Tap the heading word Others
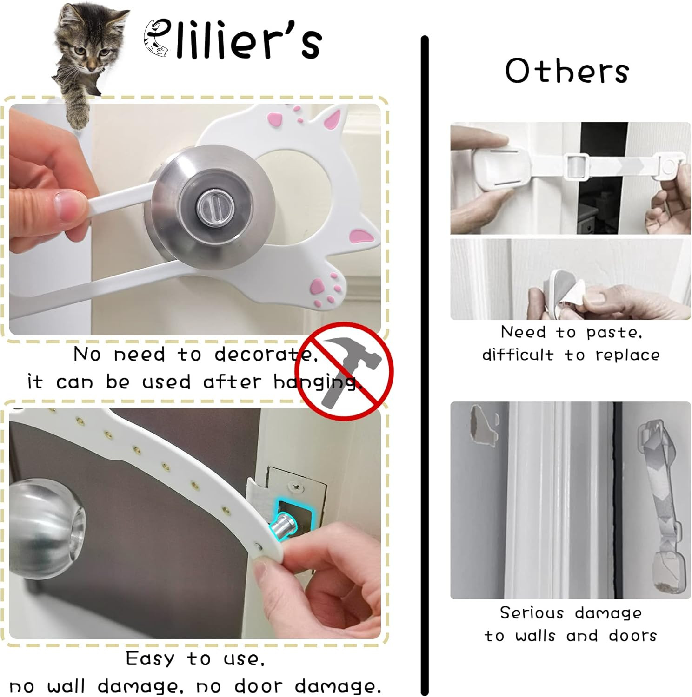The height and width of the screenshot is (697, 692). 567,71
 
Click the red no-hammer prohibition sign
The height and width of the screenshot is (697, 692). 344,371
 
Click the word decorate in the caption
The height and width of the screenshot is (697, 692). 266,355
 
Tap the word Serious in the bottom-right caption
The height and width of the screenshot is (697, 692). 532,613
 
